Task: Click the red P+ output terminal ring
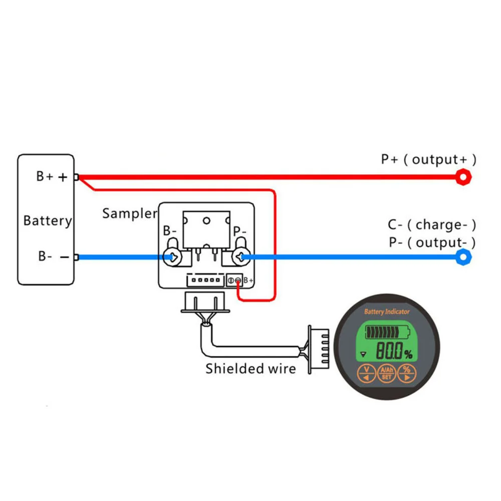pos(463,177)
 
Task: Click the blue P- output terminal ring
pos(463,257)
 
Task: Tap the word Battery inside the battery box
pos(48,221)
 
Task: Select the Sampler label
pos(130,213)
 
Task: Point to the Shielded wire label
pos(251,369)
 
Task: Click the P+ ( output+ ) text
pos(429,159)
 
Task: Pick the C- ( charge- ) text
pos(432,225)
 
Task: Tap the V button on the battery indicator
pos(367,373)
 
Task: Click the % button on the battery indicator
pos(407,373)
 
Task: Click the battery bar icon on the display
pos(388,332)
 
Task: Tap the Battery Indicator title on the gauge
pos(387,312)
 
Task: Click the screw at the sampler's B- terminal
pos(172,257)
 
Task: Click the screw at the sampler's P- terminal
pos(241,257)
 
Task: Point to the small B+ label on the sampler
pos(248,281)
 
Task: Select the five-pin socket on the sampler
pos(205,280)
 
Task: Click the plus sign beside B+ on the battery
pos(63,177)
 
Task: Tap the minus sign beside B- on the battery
pos(65,257)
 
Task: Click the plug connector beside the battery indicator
pos(319,350)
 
